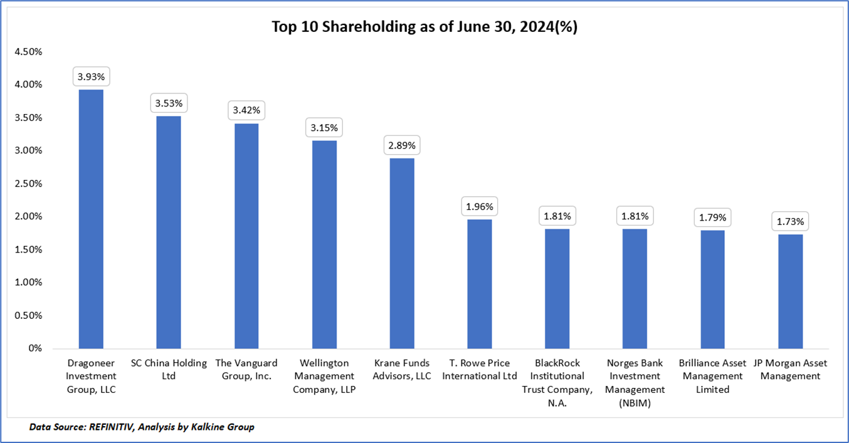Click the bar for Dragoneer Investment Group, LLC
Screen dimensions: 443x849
point(91,219)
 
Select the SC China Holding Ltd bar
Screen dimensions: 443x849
point(169,232)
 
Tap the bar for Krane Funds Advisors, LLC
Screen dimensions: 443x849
point(402,253)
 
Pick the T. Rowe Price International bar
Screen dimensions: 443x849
point(480,284)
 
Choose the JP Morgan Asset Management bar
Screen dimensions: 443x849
point(790,291)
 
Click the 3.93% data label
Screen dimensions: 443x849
point(91,78)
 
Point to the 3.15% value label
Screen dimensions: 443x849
point(324,128)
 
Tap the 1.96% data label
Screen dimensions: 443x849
point(480,206)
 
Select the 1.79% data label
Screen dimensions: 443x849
point(712,218)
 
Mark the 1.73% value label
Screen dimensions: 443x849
point(790,222)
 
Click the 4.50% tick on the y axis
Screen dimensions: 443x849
point(28,51)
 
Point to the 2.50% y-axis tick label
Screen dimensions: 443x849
point(28,184)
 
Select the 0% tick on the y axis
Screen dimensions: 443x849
point(34,348)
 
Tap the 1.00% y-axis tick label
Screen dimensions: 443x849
point(28,283)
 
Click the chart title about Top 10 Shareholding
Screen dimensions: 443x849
point(424,27)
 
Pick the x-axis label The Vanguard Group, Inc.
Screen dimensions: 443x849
point(246,370)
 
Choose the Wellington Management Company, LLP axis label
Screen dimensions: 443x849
point(324,377)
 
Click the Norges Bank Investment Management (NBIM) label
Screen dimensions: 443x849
point(635,383)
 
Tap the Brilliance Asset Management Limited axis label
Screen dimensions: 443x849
point(712,376)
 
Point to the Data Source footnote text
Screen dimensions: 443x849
point(142,427)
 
